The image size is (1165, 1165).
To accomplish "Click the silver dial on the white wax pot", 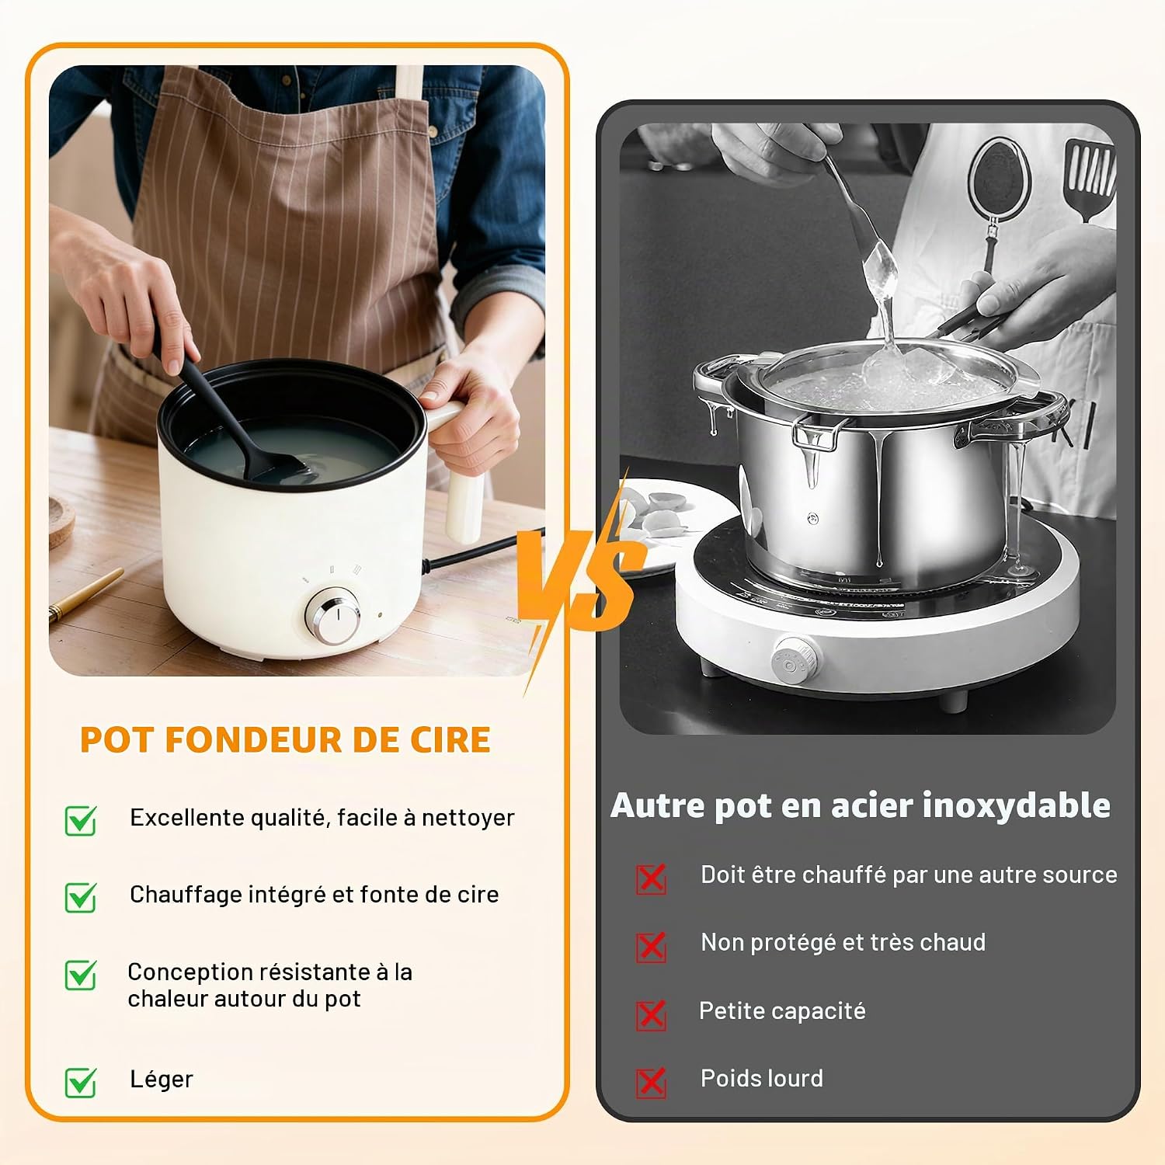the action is coord(332,616).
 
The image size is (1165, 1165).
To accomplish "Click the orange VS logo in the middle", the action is coord(582,579).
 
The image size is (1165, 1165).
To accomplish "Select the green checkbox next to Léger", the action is coord(81,1081).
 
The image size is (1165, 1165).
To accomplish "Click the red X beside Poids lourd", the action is coord(651,1081).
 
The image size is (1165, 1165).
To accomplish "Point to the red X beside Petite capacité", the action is coord(651,1014).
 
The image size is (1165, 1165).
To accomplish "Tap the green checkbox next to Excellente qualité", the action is coord(81,820).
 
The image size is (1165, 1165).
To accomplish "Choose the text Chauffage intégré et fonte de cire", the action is coord(314,895).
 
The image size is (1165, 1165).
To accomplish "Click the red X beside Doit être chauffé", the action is coord(651,878).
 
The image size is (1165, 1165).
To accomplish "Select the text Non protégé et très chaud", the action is coord(843,942).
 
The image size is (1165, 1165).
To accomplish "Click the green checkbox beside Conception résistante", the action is coord(81,975).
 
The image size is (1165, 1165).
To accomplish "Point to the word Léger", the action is coord(162,1080).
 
